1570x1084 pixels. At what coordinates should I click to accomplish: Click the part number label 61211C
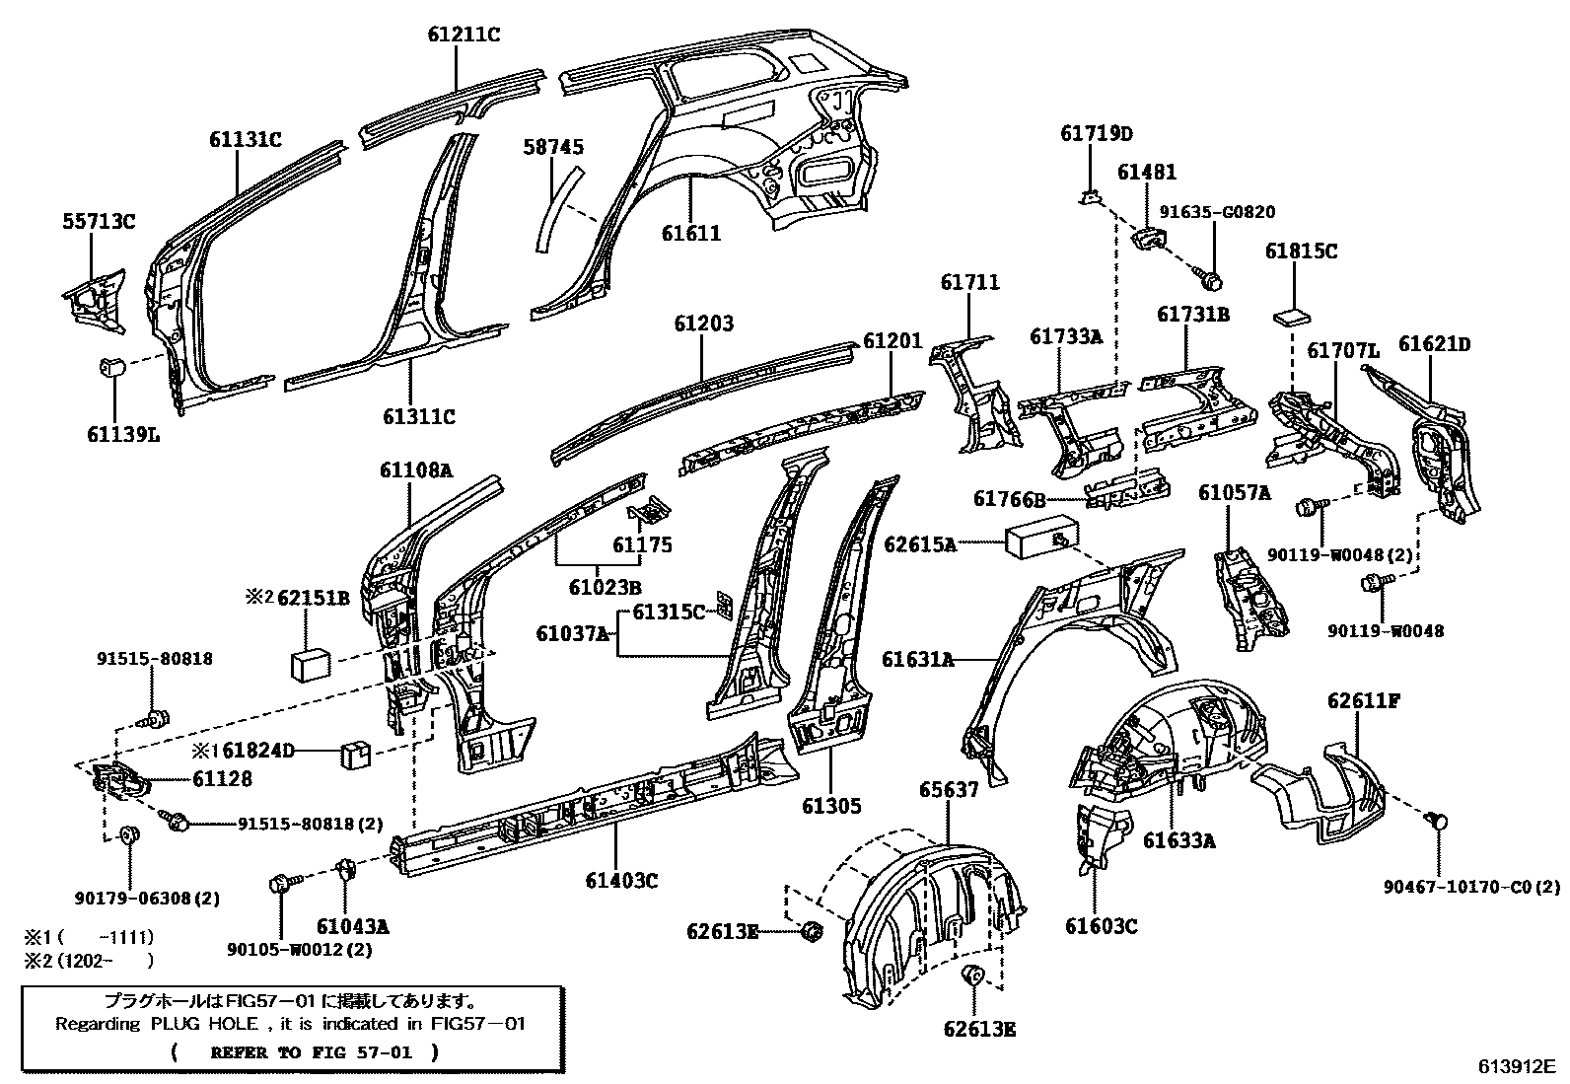coord(464,35)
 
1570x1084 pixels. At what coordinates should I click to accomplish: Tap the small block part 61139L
coord(113,368)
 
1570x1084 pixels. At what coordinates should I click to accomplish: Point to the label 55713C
coord(99,221)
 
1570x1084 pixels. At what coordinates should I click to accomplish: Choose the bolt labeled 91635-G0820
coord(1214,280)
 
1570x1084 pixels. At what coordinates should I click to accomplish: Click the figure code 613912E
coord(1516,1066)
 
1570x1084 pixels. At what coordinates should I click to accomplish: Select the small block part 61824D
coord(355,754)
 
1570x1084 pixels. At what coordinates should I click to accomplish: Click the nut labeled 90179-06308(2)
coord(128,837)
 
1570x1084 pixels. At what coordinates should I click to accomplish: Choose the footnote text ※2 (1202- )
coord(90,960)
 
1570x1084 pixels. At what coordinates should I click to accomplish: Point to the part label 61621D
coord(1434,344)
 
